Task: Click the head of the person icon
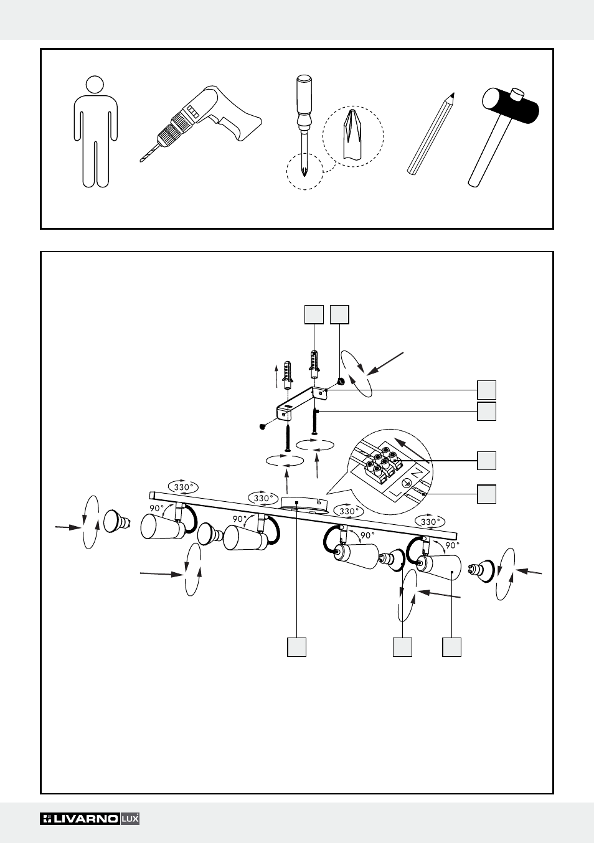(94, 85)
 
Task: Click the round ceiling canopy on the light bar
(304, 503)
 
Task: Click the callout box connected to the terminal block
(486, 461)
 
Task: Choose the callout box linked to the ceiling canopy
(296, 647)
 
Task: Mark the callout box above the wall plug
(314, 314)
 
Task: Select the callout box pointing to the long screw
(486, 412)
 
